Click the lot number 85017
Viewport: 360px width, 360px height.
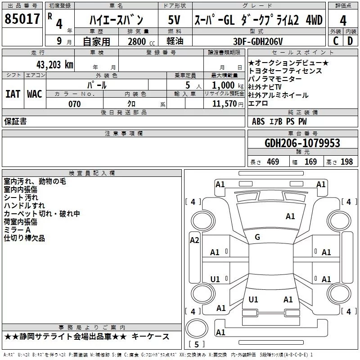pyautogui.click(x=22, y=19)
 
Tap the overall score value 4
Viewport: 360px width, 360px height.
pyautogui.click(x=343, y=21)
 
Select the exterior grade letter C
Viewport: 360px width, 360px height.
pyautogui.click(x=336, y=41)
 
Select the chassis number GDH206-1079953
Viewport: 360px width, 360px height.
pyautogui.click(x=302, y=143)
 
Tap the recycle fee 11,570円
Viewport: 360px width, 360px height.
pyautogui.click(x=225, y=104)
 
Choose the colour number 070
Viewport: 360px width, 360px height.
pyautogui.click(x=74, y=104)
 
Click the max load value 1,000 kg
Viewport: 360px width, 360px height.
pyautogui.click(x=224, y=85)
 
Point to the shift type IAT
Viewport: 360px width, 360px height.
pyautogui.click(x=13, y=94)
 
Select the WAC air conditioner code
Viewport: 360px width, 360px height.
pyautogui.click(x=34, y=94)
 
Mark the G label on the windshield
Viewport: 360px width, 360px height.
pyautogui.click(x=257, y=237)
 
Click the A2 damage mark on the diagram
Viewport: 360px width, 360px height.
pyautogui.click(x=194, y=240)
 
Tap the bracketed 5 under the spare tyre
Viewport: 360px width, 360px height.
pyautogui.click(x=196, y=345)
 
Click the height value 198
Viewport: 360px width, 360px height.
pyautogui.click(x=347, y=162)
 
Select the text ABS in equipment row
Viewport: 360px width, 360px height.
pyautogui.click(x=258, y=121)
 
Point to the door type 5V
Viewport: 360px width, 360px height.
pyautogui.click(x=174, y=20)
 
